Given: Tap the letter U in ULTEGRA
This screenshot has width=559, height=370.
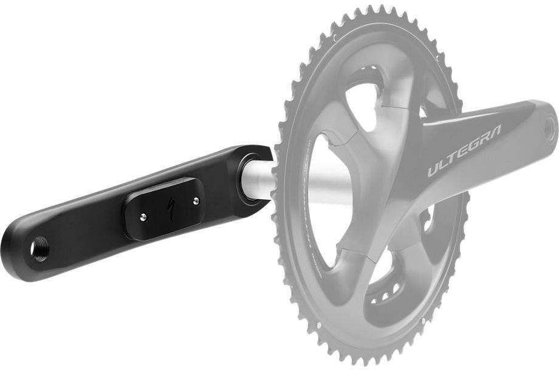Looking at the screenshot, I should (433, 169).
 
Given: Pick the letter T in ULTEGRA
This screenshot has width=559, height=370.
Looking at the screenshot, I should (453, 160).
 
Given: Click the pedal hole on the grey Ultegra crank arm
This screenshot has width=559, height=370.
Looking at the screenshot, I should (550, 128).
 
